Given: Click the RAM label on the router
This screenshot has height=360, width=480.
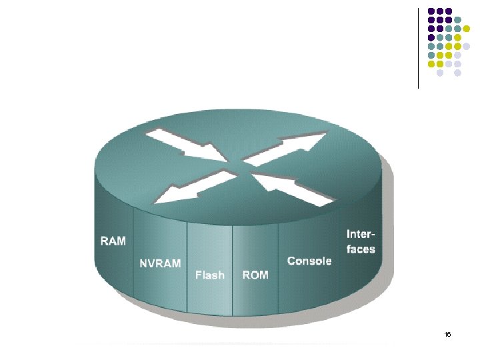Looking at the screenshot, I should (x=113, y=241).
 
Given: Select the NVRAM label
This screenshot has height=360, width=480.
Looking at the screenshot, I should (x=159, y=263).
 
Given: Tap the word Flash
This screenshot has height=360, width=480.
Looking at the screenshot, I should (x=209, y=275).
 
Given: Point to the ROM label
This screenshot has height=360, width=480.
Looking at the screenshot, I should (x=255, y=275).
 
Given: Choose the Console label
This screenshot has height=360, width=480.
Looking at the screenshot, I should (x=309, y=261).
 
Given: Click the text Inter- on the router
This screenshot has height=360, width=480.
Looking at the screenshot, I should (x=361, y=235).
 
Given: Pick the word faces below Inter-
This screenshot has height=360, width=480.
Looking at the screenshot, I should (x=361, y=250).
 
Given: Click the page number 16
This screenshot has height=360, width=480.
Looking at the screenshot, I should (x=447, y=334).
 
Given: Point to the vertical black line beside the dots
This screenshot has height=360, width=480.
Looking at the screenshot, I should (x=419, y=47).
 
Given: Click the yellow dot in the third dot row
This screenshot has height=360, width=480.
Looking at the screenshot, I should (x=467, y=28).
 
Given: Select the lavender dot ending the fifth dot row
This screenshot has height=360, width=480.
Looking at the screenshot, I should (x=467, y=46).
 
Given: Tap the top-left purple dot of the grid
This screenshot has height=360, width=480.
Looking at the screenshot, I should (x=431, y=11).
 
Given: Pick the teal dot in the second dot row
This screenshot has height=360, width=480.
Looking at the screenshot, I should (x=458, y=19).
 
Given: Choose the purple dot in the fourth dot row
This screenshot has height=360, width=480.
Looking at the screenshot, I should (x=431, y=37).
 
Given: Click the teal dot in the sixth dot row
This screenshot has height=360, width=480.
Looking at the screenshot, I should (x=431, y=55).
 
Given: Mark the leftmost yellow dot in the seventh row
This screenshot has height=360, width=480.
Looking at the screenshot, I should (x=431, y=64).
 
